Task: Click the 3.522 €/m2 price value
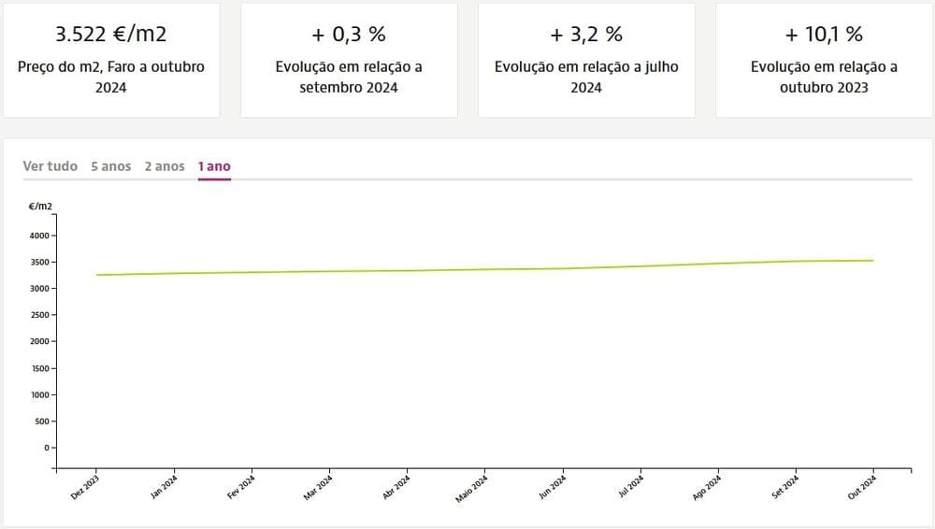[x=111, y=35]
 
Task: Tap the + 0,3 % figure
[x=349, y=35]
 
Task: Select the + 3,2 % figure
[x=586, y=35]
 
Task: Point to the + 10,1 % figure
[x=824, y=35]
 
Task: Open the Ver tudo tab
[x=50, y=166]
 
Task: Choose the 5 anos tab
[x=111, y=166]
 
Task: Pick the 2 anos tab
[x=165, y=166]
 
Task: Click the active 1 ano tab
[x=214, y=166]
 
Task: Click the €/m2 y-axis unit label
[x=41, y=205]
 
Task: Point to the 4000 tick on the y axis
[x=39, y=236]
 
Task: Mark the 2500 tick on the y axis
[x=39, y=315]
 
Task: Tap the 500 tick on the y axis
[x=41, y=421]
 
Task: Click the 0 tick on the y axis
[x=46, y=448]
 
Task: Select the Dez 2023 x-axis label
[x=85, y=488]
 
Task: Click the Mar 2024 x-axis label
[x=318, y=488]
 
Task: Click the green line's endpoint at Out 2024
[x=872, y=261]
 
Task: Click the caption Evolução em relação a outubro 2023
[x=824, y=77]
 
